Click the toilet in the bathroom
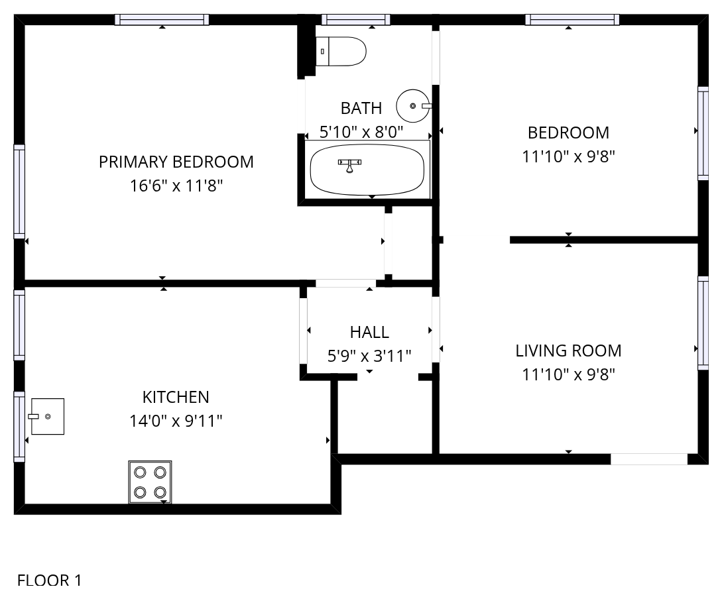click(x=341, y=51)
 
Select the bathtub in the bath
click(x=367, y=170)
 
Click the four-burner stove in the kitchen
click(x=150, y=482)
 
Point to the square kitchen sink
click(x=47, y=416)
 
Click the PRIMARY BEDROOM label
click(x=176, y=162)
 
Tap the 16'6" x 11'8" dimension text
click(x=176, y=186)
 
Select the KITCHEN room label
click(x=176, y=397)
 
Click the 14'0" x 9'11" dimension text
click(x=176, y=421)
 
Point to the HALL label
click(x=369, y=332)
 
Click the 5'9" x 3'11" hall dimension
click(x=369, y=356)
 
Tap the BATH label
click(x=361, y=108)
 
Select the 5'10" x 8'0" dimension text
click(x=361, y=132)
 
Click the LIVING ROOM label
click(x=568, y=351)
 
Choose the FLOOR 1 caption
click(x=49, y=580)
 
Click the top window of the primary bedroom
click(x=162, y=20)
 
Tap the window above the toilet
click(x=356, y=20)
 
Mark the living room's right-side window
click(x=703, y=323)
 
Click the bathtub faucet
click(x=349, y=166)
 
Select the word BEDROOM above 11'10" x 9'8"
click(x=568, y=133)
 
